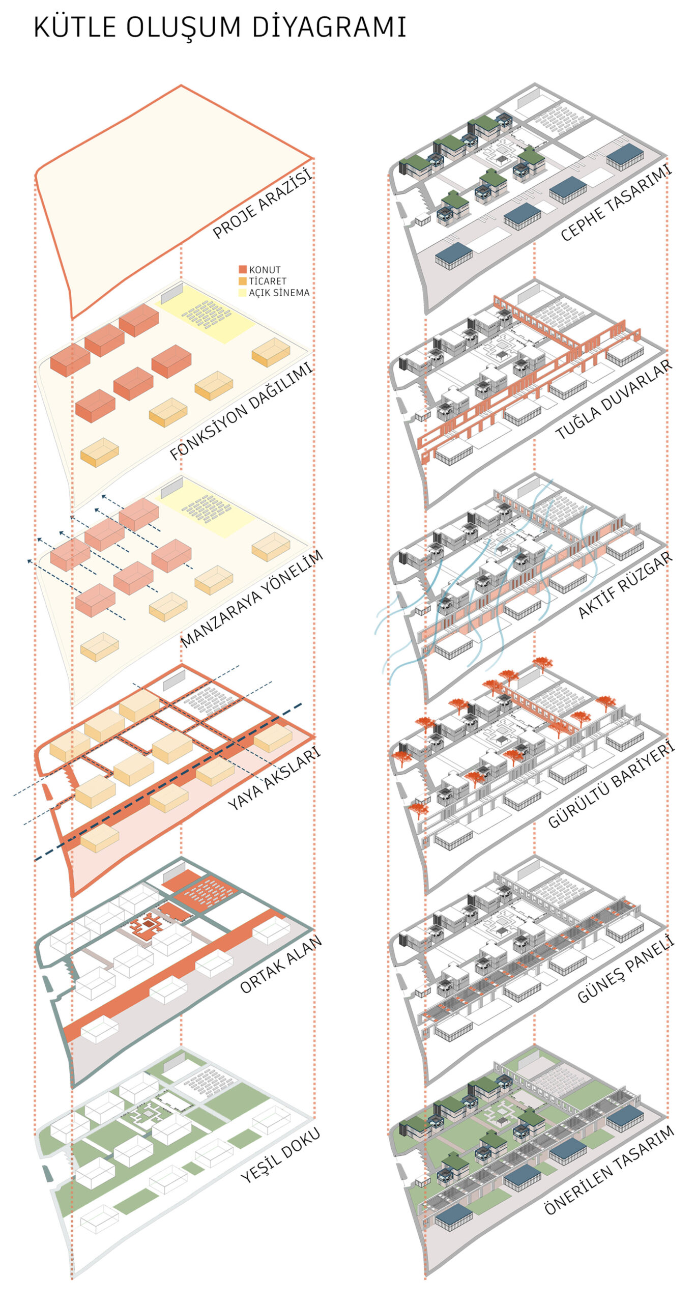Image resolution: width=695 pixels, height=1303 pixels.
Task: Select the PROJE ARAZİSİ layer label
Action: [x=262, y=204]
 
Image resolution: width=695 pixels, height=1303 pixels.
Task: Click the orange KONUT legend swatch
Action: [x=243, y=269]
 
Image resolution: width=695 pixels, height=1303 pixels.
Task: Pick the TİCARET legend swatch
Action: [x=243, y=281]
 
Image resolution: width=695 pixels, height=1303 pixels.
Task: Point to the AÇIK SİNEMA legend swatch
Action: [x=243, y=293]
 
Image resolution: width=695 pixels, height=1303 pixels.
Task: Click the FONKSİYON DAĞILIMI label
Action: [x=241, y=412]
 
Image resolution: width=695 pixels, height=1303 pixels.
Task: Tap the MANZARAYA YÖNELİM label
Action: [x=252, y=599]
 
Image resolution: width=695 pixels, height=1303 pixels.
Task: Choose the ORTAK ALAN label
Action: [x=281, y=964]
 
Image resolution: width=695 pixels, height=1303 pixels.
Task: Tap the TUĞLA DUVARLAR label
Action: [x=614, y=399]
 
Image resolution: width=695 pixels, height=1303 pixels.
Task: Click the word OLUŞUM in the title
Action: [x=184, y=28]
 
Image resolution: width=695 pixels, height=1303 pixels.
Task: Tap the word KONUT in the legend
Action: [x=265, y=270]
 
